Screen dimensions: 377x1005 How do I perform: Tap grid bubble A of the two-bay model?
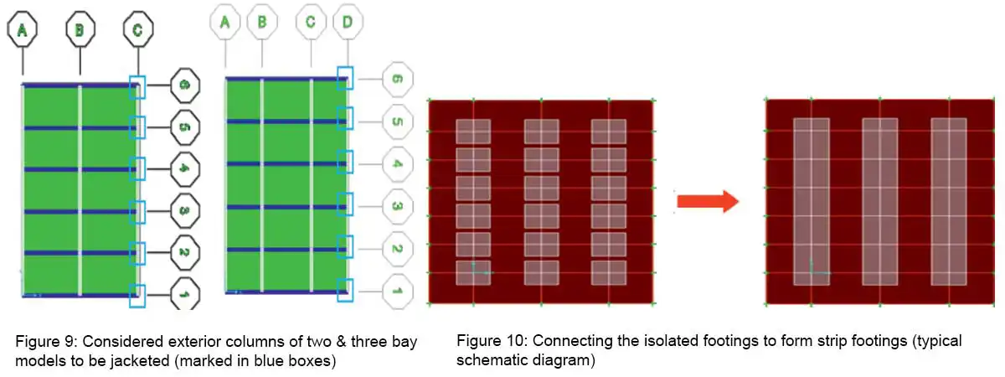click(23, 31)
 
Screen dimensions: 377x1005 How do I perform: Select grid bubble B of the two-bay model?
click(80, 31)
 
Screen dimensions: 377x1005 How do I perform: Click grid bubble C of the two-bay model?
click(138, 31)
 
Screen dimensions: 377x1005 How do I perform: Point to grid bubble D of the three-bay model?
click(347, 23)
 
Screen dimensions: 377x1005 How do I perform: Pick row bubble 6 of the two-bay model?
click(184, 85)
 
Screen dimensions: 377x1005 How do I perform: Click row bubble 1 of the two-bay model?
click(184, 294)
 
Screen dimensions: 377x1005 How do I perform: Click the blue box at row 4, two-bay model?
click(138, 168)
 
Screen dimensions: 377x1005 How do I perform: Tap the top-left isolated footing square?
click(473, 131)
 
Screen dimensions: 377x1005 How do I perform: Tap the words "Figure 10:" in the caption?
click(490, 342)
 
